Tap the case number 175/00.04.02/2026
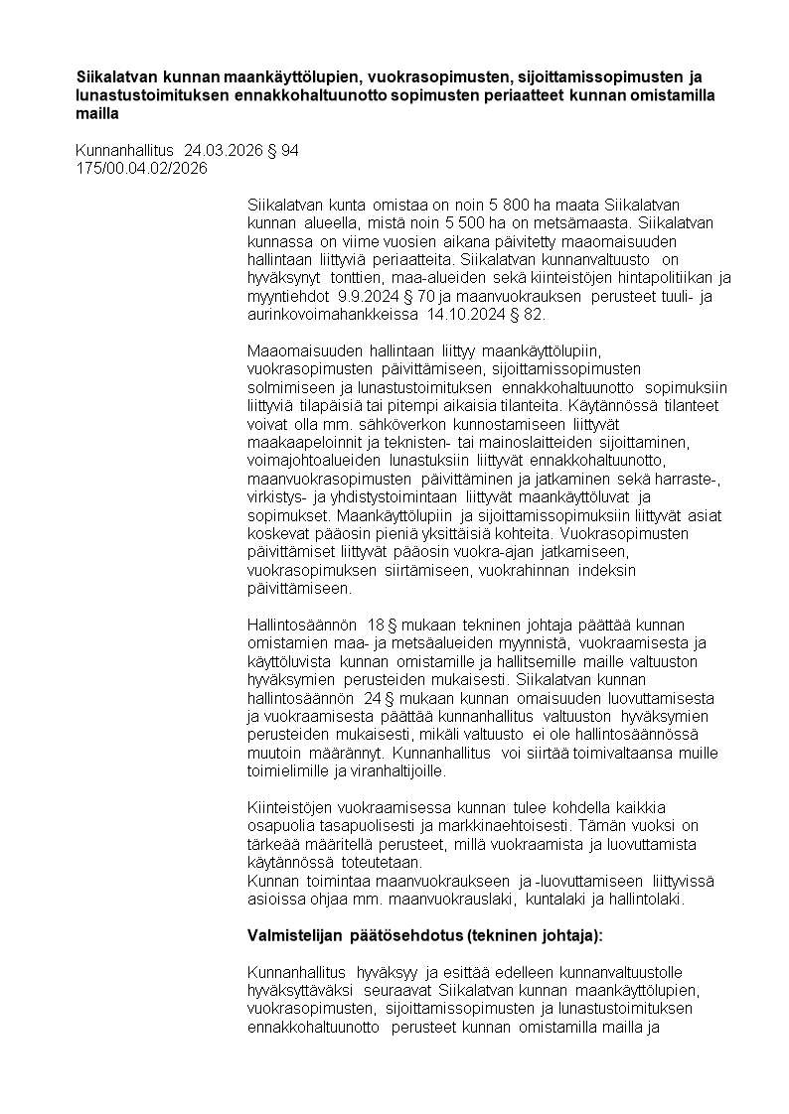(141, 168)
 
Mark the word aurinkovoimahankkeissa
(333, 315)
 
